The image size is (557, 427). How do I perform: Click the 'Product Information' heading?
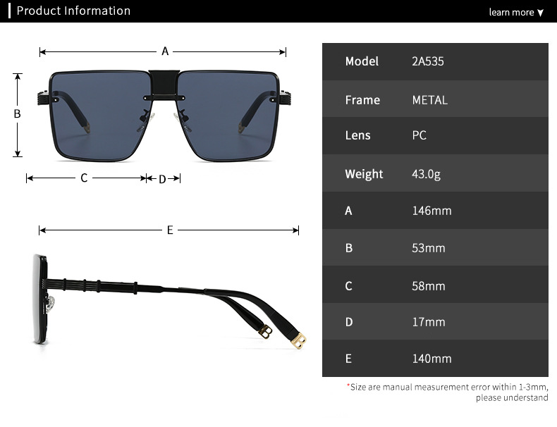coord(73,11)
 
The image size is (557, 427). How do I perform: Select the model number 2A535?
coord(428,61)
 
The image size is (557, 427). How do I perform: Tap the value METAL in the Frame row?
coord(429,100)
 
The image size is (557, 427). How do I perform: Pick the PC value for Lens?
coord(419,135)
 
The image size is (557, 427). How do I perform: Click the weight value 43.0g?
coord(426,174)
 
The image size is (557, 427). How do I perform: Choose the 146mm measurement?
coord(431,211)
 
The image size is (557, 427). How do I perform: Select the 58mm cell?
coord(429,286)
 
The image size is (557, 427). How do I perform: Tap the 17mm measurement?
coord(429,322)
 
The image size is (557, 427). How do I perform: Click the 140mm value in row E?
coord(431,359)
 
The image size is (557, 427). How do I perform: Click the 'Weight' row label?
coord(364,174)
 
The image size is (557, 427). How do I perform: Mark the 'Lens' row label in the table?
coord(357,135)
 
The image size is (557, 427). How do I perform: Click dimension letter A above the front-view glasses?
coord(165,51)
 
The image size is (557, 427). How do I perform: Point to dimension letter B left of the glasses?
coord(18,114)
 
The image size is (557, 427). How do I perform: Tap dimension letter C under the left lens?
coord(84,178)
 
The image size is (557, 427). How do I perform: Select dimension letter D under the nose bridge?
coord(162,179)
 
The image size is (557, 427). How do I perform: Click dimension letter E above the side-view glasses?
coord(170,230)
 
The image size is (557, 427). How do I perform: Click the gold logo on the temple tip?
coord(299,341)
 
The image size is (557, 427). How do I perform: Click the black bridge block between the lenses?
coord(164,82)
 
